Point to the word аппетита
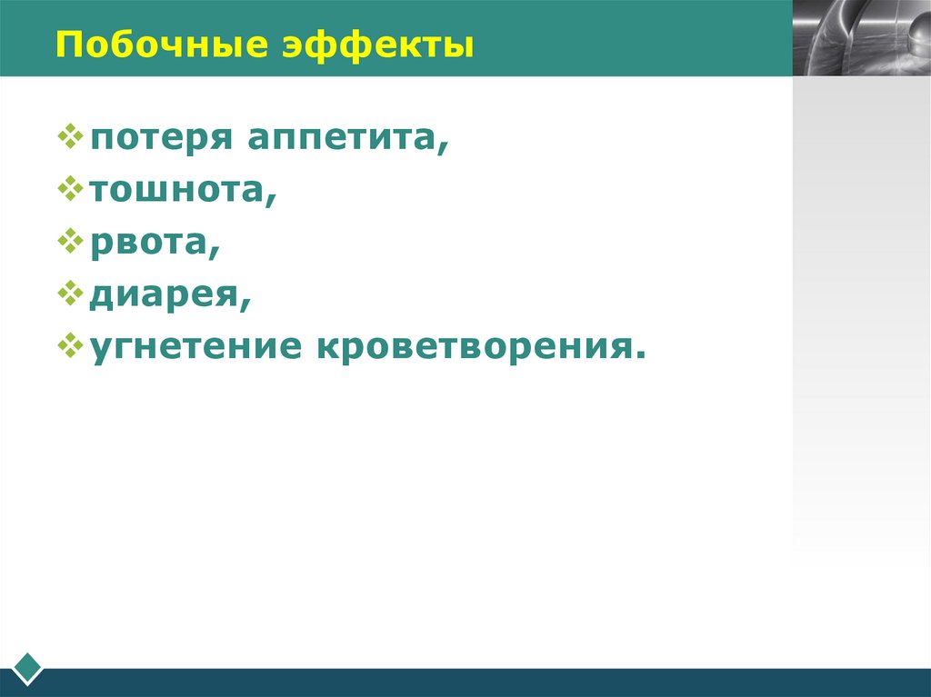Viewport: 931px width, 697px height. pyautogui.click(x=342, y=140)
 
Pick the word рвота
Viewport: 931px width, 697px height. pyautogui.click(x=150, y=244)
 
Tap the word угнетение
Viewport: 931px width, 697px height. pyautogui.click(x=196, y=348)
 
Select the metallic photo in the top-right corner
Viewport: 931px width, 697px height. pyautogui.click(x=861, y=37)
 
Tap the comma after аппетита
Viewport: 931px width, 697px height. pyautogui.click(x=443, y=149)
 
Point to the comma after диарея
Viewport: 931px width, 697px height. pyautogui.click(x=245, y=305)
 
